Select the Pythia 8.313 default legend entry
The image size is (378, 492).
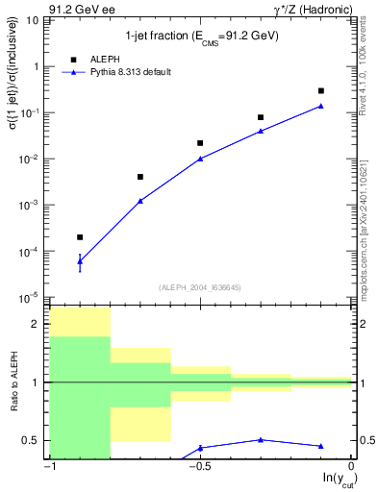[120, 72]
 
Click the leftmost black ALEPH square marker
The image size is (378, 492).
[80, 236]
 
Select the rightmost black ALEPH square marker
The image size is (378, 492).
[321, 90]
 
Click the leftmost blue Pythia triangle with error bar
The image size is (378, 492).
[80, 260]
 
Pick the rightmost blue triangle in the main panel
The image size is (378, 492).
[321, 106]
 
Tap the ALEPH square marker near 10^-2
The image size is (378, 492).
[200, 142]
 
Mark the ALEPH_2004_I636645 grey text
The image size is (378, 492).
[200, 286]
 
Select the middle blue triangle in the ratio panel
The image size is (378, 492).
[261, 439]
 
